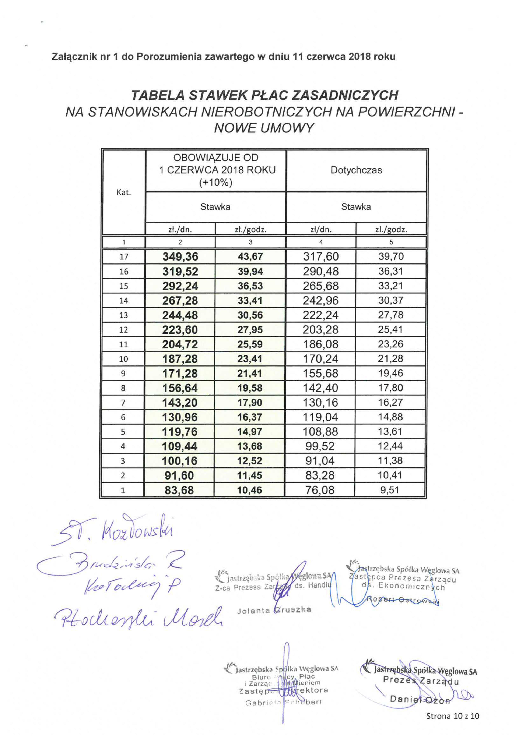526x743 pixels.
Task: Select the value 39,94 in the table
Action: (250, 271)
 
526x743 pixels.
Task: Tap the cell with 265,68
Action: (321, 286)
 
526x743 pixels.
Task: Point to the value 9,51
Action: (390, 490)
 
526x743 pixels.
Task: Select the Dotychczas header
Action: (356, 170)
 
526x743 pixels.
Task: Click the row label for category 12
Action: (123, 330)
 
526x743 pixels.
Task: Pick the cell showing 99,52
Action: (320, 446)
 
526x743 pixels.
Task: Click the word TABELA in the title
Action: (158, 95)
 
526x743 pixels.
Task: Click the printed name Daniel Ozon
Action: (420, 700)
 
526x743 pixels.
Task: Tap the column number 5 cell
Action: (391, 242)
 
